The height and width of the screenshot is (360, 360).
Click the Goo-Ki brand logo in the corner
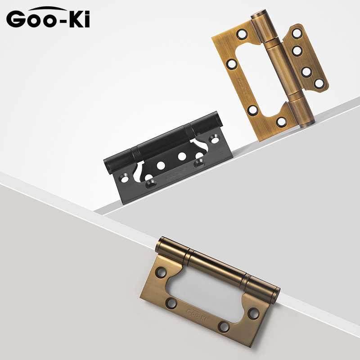48,18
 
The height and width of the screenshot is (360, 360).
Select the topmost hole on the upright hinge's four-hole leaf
296,33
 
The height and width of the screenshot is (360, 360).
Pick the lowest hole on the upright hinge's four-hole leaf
319,83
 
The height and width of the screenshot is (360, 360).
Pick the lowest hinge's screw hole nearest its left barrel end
161,272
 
